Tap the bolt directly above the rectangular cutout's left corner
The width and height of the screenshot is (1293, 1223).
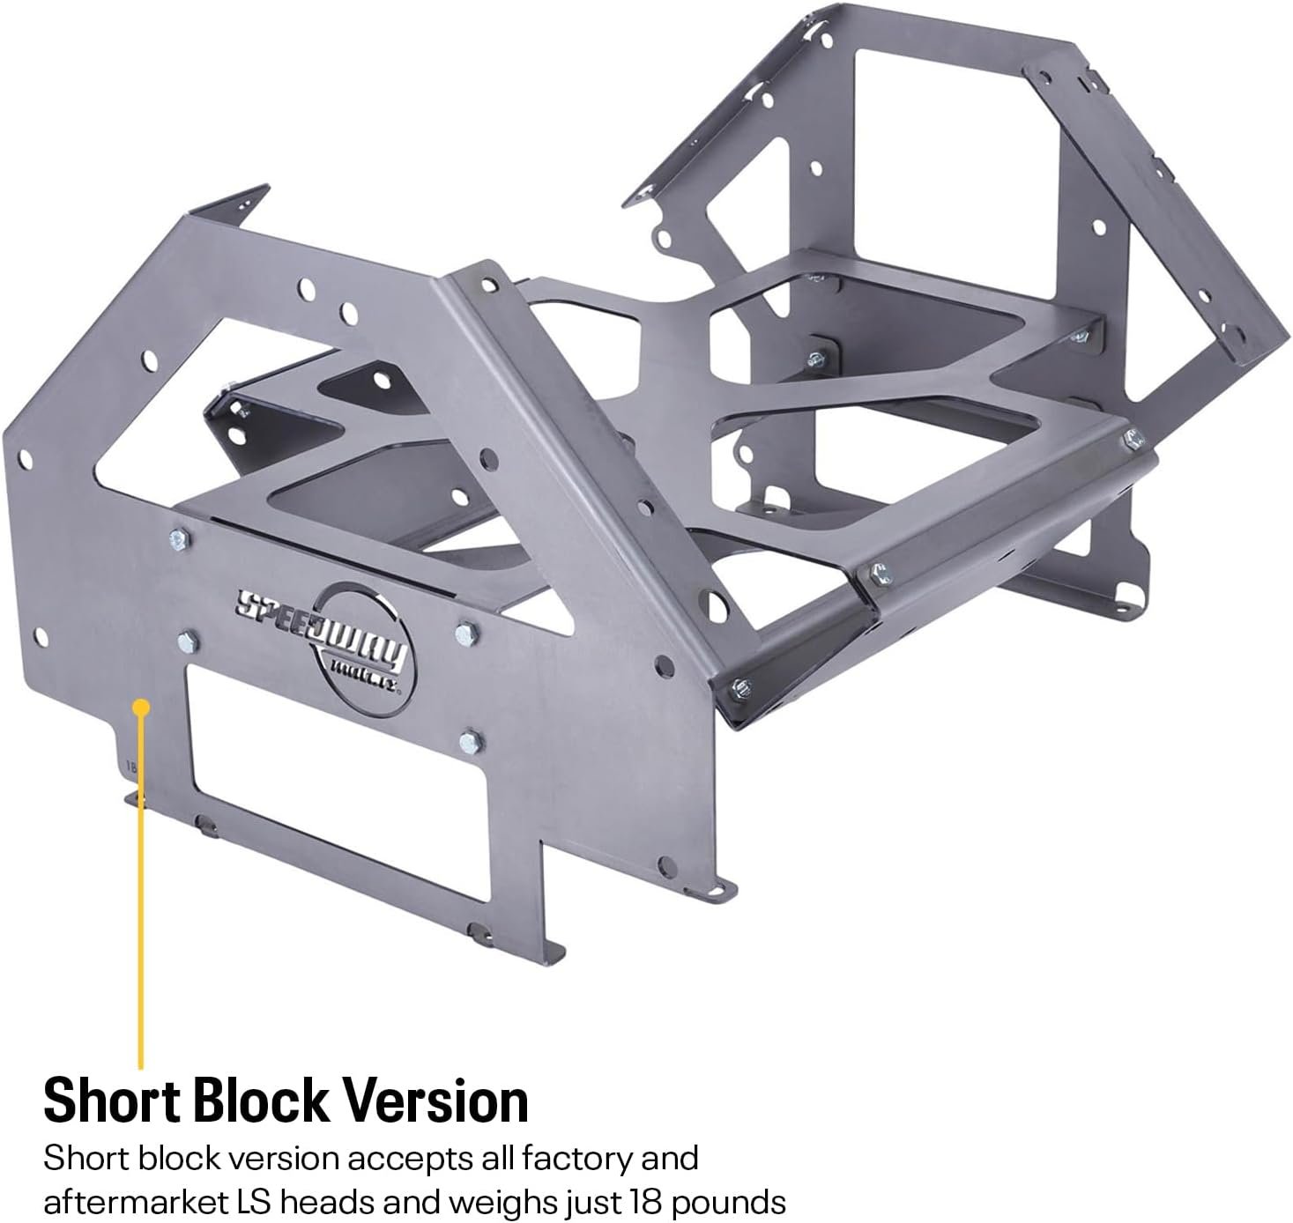[186, 641]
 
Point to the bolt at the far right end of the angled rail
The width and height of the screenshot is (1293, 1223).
[1133, 436]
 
